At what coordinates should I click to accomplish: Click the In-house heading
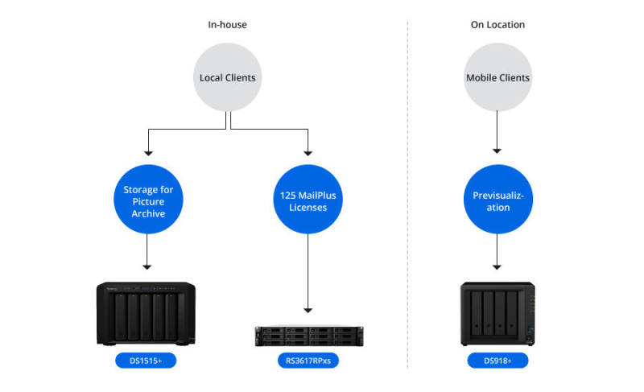[x=227, y=25]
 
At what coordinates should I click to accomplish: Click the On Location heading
[x=497, y=25]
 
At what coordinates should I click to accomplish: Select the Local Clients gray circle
[x=228, y=78]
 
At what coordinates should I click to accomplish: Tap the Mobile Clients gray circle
[x=497, y=78]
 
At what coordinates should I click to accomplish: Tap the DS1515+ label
[x=146, y=361]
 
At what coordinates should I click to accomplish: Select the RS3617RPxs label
[x=308, y=361]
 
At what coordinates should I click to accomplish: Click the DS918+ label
[x=497, y=361]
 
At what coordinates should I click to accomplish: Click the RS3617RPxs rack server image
[x=307, y=335]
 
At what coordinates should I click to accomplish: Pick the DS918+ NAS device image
[x=497, y=313]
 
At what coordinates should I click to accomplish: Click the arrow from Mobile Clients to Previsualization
[x=497, y=133]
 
